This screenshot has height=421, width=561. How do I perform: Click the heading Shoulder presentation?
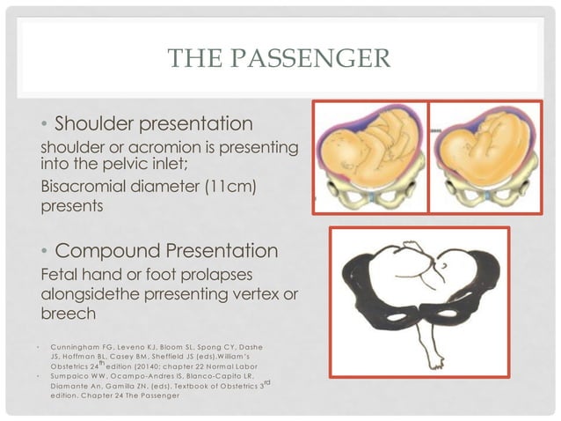[x=155, y=122]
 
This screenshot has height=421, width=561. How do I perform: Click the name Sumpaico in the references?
[x=73, y=376]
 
